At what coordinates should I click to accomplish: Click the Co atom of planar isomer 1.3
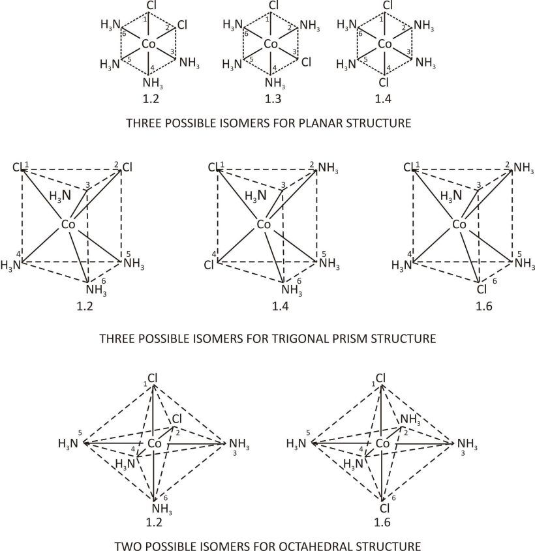[271, 44]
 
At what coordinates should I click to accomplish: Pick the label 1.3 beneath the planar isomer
[271, 100]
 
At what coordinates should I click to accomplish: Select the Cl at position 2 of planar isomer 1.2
[182, 25]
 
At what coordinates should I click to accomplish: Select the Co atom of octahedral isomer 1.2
[154, 444]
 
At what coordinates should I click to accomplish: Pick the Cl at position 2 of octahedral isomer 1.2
[177, 421]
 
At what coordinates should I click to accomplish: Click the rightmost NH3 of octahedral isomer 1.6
[467, 445]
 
